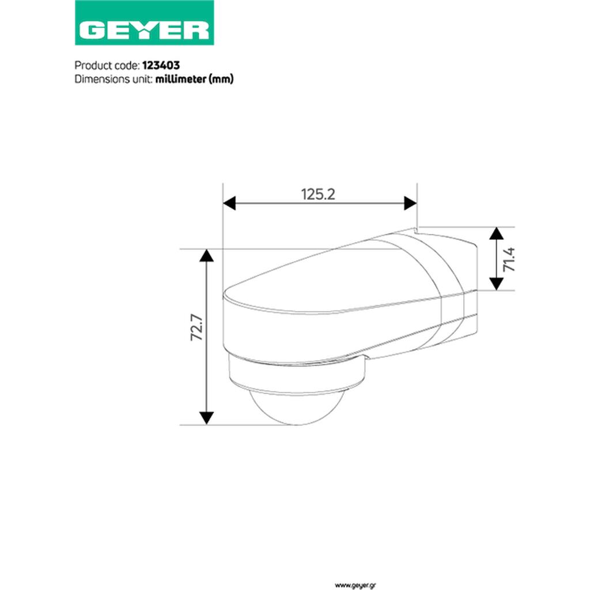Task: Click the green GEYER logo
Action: pyautogui.click(x=145, y=22)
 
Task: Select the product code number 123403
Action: pyautogui.click(x=161, y=66)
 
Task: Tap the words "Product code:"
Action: pyautogui.click(x=107, y=66)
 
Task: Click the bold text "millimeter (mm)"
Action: pyautogui.click(x=195, y=79)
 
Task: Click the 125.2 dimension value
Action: pyautogui.click(x=318, y=195)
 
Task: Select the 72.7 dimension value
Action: pyautogui.click(x=197, y=328)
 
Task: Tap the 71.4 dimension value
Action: pyautogui.click(x=509, y=259)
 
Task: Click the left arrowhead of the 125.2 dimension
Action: pyautogui.click(x=229, y=203)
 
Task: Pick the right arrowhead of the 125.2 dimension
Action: pyautogui.click(x=410, y=203)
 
